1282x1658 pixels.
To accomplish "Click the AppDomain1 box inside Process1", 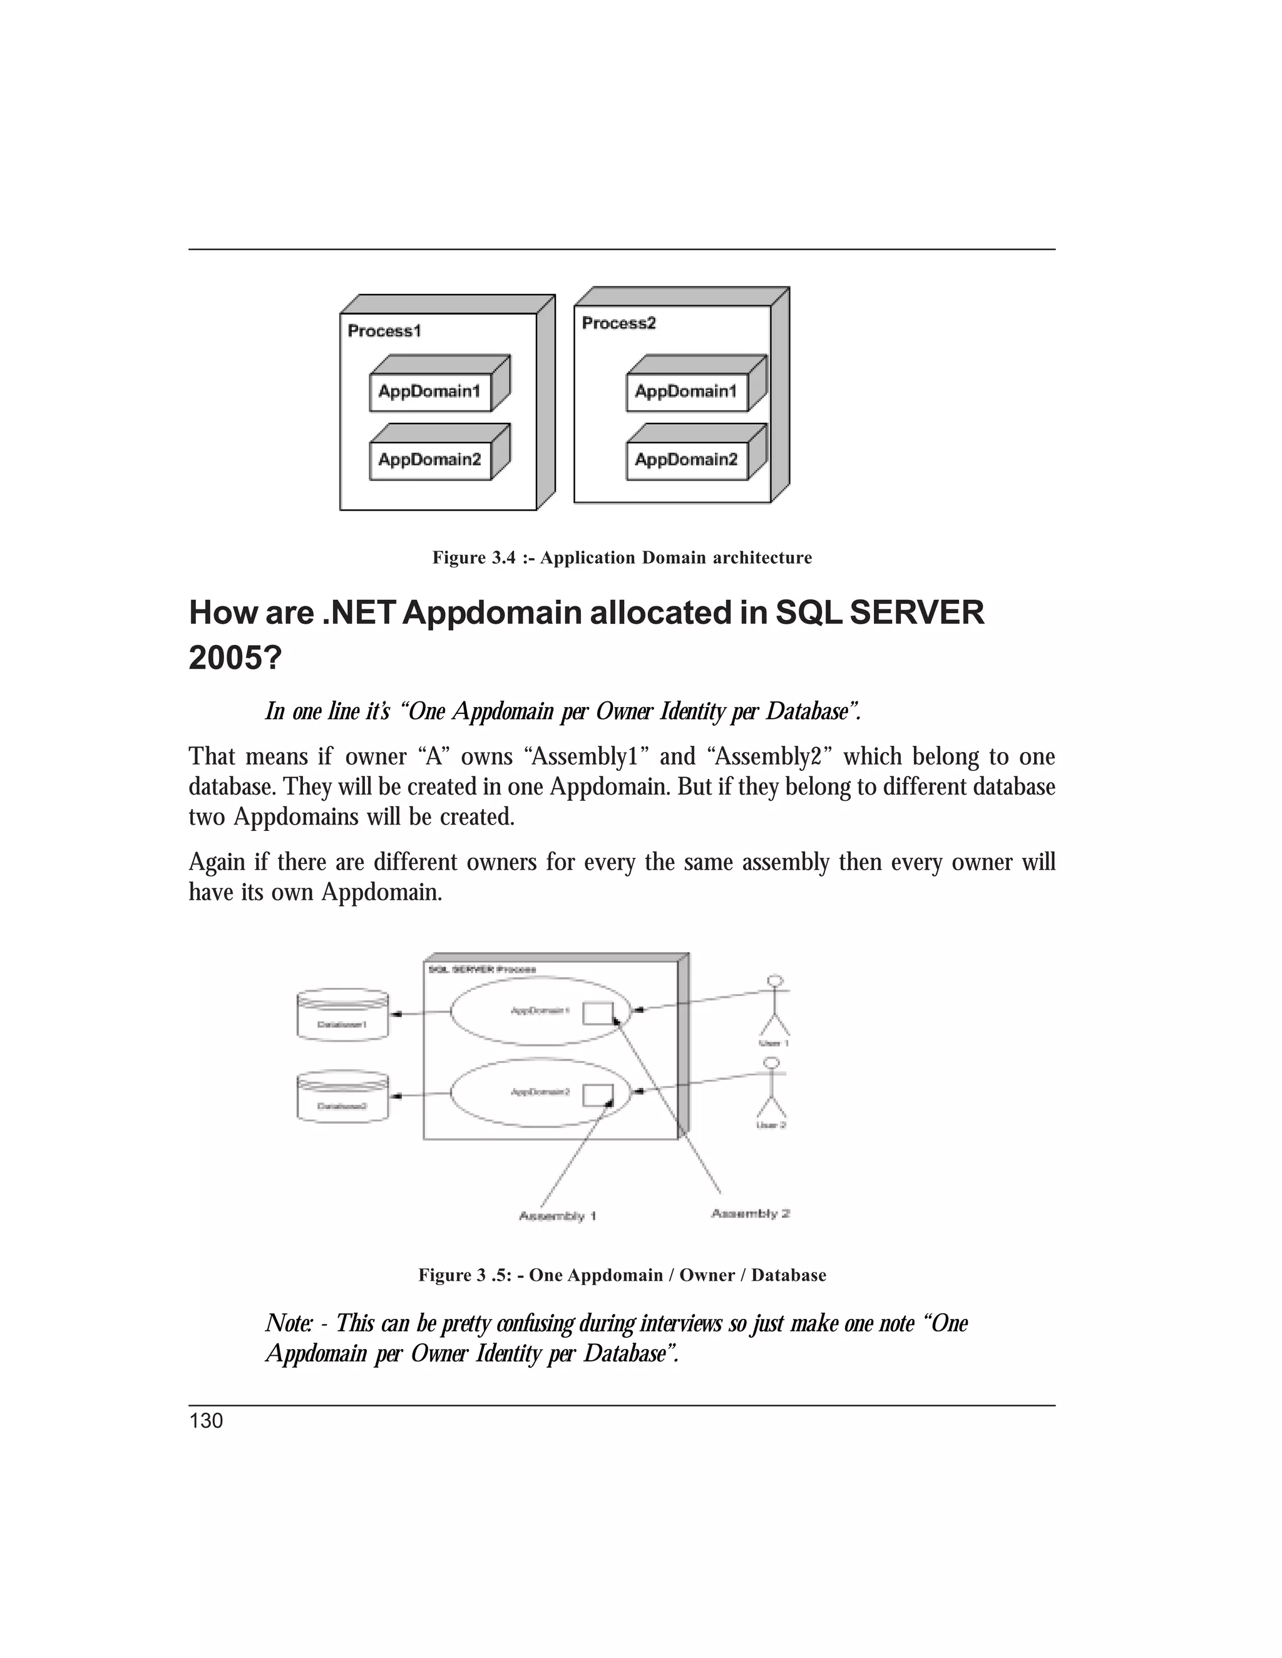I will [x=430, y=392].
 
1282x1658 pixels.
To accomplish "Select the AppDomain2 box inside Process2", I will [x=687, y=459].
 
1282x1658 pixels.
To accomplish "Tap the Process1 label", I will [x=384, y=331].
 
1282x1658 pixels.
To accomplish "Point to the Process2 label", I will [x=619, y=323].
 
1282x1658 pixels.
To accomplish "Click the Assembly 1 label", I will [x=558, y=1216].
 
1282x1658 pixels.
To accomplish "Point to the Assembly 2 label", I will [x=751, y=1213].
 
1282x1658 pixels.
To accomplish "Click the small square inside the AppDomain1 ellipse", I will [x=598, y=1013].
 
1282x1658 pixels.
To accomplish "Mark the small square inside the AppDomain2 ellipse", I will [x=598, y=1095].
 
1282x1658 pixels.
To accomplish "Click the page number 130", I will [x=206, y=1421].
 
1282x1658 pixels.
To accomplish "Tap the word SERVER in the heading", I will [x=916, y=613].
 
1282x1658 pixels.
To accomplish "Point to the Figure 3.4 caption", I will [x=622, y=558].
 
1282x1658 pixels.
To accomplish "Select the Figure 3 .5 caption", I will [x=622, y=1275].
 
